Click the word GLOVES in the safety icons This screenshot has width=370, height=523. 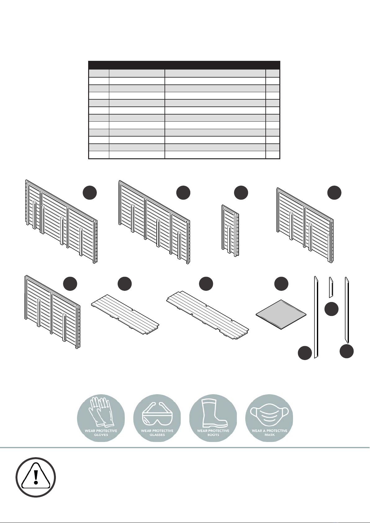click(101, 435)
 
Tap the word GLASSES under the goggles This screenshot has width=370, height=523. click(157, 435)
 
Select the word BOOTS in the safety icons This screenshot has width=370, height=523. click(213, 435)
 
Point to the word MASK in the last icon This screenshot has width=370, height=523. click(269, 435)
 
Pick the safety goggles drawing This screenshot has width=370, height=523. click(157, 414)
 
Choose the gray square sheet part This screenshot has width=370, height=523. click(281, 314)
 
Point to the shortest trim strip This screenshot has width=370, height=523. click(331, 287)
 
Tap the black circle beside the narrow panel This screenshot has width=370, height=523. click(241, 193)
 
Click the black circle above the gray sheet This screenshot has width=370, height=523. click(281, 284)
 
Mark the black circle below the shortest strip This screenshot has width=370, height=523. click(332, 309)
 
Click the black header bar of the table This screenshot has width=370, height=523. click(184, 65)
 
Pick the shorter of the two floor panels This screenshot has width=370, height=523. click(125, 315)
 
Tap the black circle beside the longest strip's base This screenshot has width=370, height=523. click(305, 353)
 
